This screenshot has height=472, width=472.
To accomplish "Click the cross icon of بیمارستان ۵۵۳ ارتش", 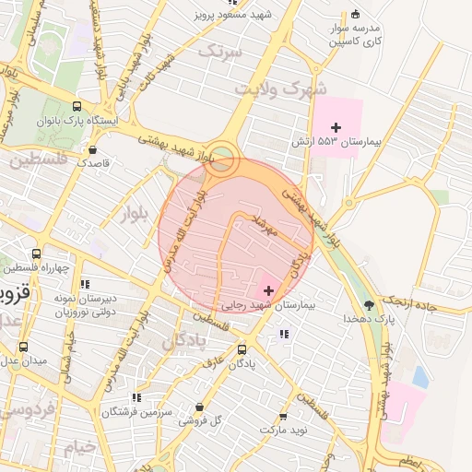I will (336, 127).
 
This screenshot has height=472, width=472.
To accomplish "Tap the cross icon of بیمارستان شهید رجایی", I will (268, 290).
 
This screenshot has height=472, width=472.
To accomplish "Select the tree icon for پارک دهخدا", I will (370, 305).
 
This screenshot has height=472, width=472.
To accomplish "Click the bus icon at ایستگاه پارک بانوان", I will (76, 106).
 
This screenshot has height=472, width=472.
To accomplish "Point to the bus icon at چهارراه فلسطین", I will (36, 254).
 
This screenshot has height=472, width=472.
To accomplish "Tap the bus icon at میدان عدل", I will (23, 347).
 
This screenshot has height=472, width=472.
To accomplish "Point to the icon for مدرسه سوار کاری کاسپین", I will (356, 14).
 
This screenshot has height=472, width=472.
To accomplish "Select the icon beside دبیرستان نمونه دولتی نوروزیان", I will (85, 284).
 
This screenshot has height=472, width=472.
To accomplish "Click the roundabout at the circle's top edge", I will (221, 156).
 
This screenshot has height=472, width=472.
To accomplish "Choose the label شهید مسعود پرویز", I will (232, 14).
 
